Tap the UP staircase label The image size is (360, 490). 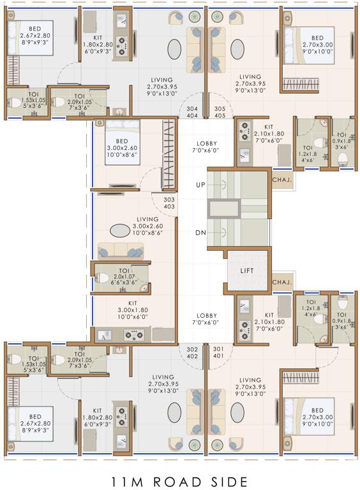200,184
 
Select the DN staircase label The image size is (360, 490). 200,232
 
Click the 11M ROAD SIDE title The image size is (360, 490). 181,480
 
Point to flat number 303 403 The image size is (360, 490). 170,203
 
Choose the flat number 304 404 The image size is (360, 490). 192,112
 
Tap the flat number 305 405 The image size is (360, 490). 220,112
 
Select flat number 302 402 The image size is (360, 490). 192,352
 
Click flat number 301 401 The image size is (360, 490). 219,352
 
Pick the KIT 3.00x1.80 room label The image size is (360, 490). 133,310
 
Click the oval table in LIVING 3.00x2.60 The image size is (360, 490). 119,230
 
